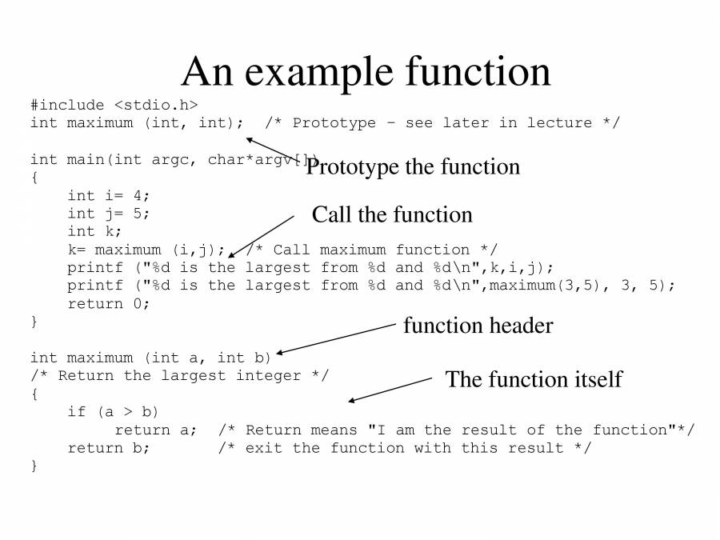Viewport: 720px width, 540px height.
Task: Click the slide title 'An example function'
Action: point(366,73)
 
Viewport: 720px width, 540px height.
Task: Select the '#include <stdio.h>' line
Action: point(114,105)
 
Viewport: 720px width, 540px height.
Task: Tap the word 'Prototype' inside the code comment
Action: point(334,123)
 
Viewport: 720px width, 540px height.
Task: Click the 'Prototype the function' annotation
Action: point(413,166)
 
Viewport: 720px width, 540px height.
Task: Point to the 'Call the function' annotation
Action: point(392,214)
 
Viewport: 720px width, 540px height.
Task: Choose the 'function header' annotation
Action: point(478,325)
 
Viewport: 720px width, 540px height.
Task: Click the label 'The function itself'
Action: point(534,379)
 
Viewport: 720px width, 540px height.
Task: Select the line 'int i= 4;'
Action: point(109,196)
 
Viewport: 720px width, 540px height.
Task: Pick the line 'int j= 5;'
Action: point(109,214)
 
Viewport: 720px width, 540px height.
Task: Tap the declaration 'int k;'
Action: point(94,231)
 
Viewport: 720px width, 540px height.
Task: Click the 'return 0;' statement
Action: point(109,304)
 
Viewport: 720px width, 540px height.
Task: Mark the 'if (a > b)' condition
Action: point(113,412)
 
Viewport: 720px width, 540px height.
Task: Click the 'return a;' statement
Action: point(156,430)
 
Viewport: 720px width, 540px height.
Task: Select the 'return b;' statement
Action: point(109,448)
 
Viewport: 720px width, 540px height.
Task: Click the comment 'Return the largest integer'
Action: point(179,376)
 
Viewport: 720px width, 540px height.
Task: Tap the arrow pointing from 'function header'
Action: point(336,338)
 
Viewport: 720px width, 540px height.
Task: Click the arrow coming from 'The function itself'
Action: point(390,390)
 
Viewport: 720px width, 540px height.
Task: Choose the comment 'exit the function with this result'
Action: point(405,448)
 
